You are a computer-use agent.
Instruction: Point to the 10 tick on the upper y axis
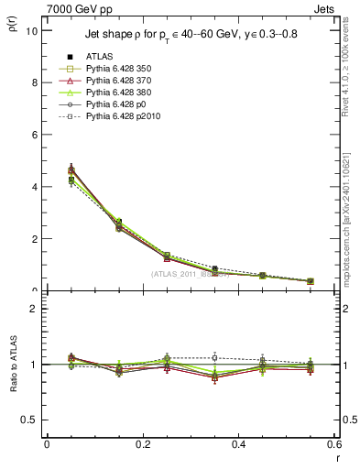[x=32, y=30]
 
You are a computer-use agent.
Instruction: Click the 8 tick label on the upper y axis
[x=35, y=82]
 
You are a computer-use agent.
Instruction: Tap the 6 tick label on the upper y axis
[x=35, y=135]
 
